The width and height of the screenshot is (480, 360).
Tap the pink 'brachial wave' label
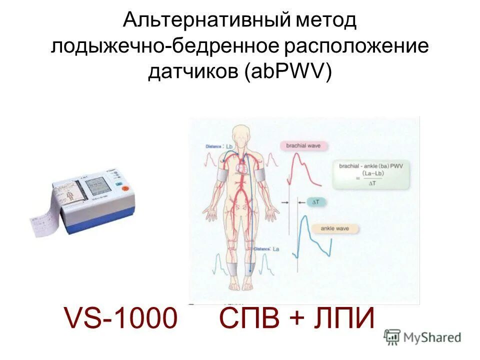306,146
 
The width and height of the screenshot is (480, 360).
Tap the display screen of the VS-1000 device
99,188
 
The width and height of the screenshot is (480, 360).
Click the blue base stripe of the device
97,225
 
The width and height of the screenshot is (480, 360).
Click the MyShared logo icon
392,337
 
